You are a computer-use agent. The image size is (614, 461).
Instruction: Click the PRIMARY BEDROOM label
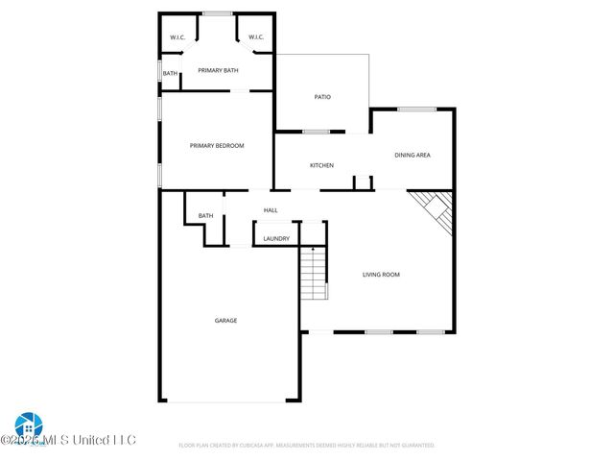tap(217, 146)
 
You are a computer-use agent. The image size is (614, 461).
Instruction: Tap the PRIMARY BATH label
tap(218, 70)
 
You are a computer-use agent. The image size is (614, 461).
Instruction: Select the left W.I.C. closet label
tap(177, 37)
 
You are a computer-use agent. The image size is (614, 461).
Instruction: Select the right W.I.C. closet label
tap(256, 37)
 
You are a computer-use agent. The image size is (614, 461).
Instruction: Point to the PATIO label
tap(323, 97)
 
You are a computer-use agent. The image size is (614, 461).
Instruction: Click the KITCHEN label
tap(321, 165)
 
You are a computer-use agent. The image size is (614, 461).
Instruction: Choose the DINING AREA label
tap(413, 155)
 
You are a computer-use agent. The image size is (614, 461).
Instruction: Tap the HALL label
tap(271, 210)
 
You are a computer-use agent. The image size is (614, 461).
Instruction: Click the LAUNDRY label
tap(276, 238)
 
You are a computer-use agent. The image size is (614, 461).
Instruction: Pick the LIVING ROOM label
tap(381, 275)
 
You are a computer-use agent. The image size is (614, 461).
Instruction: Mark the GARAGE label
tap(225, 321)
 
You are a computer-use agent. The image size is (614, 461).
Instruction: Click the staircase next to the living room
tap(314, 273)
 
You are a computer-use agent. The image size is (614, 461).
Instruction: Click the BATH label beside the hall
tap(206, 216)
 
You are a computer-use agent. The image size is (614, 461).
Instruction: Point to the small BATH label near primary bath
tap(170, 74)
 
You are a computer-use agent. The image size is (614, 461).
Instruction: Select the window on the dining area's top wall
tap(417, 109)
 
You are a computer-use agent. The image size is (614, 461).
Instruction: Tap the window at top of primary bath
tap(217, 13)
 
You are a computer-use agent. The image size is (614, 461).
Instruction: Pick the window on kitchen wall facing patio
tap(316, 132)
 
